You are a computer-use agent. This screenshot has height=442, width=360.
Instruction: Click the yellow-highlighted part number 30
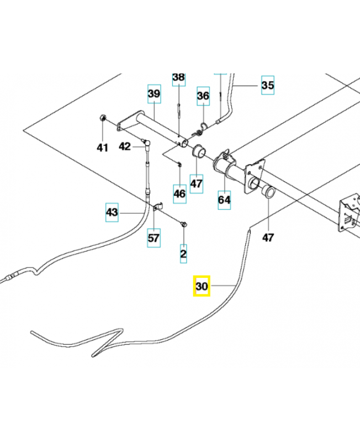[x=202, y=286]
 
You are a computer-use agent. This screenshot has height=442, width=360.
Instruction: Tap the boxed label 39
[x=153, y=94]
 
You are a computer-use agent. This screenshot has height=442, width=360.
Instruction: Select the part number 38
[x=179, y=77]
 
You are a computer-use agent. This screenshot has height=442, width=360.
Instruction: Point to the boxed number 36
[x=203, y=97]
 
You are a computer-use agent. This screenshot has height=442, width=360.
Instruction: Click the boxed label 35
[x=267, y=85]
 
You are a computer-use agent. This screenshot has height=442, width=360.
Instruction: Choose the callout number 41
[x=103, y=147]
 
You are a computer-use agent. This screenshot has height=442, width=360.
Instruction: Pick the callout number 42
[x=125, y=146]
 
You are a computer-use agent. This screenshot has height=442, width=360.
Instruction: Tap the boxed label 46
[x=179, y=193]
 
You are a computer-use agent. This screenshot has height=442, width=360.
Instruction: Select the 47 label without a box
[x=268, y=238]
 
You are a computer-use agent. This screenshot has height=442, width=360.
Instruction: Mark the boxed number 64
[x=224, y=199]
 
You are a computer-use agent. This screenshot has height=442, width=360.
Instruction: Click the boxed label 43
[x=112, y=212]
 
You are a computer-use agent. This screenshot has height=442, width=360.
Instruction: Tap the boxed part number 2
[x=183, y=254]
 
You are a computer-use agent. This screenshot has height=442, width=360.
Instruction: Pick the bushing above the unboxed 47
[x=268, y=192]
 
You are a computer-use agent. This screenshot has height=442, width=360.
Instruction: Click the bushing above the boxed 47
[x=197, y=151]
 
